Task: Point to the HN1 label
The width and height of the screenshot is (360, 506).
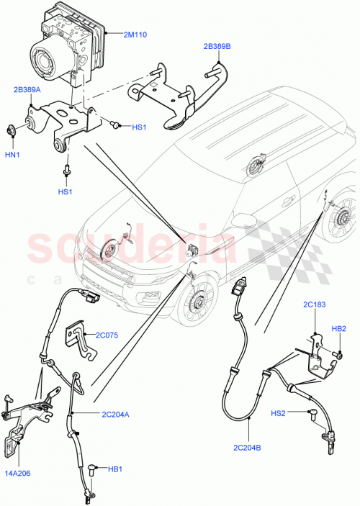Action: click(x=12, y=154)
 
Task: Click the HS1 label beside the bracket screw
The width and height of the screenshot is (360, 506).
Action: click(x=139, y=127)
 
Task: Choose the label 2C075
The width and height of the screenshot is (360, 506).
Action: click(x=107, y=335)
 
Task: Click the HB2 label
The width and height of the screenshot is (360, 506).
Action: click(x=338, y=330)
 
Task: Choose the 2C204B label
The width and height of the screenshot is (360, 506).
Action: click(x=248, y=446)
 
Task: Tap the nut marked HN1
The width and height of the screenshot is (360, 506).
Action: click(x=12, y=131)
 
